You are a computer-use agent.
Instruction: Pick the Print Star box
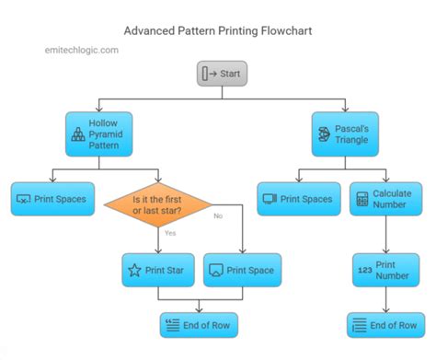point(158,270)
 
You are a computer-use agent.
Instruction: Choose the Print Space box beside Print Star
point(241,270)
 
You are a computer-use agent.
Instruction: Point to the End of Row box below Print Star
point(200,324)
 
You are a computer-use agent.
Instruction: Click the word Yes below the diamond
point(171,233)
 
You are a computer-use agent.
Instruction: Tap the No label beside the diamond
point(218,215)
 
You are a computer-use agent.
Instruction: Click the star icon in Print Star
point(134,270)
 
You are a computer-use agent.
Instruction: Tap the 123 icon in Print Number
point(362,270)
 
